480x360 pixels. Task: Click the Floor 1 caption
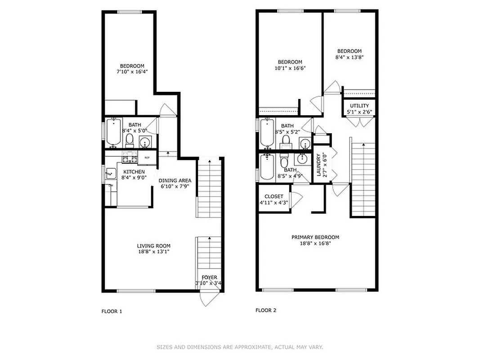pyautogui.click(x=112, y=311)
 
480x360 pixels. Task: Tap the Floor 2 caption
pyautogui.click(x=266, y=310)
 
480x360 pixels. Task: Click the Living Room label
pyautogui.click(x=153, y=246)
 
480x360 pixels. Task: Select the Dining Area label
pyautogui.click(x=175, y=180)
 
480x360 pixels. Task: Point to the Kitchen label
pyautogui.click(x=134, y=172)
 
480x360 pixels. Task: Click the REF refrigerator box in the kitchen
pyautogui.click(x=147, y=158)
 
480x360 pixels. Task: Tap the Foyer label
pyautogui.click(x=209, y=277)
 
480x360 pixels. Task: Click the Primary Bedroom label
pyautogui.click(x=315, y=237)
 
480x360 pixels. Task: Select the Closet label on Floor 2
pyautogui.click(x=274, y=197)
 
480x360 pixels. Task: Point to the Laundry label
pyautogui.click(x=319, y=165)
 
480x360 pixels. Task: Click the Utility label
pyautogui.click(x=359, y=106)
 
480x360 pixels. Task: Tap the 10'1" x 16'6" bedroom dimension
pyautogui.click(x=290, y=68)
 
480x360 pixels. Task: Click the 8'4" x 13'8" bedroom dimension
pyautogui.click(x=349, y=58)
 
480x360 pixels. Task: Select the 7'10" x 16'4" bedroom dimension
pyautogui.click(x=132, y=72)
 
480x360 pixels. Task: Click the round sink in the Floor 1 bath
pyautogui.click(x=145, y=143)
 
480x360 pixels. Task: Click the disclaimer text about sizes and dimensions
pyautogui.click(x=240, y=347)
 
